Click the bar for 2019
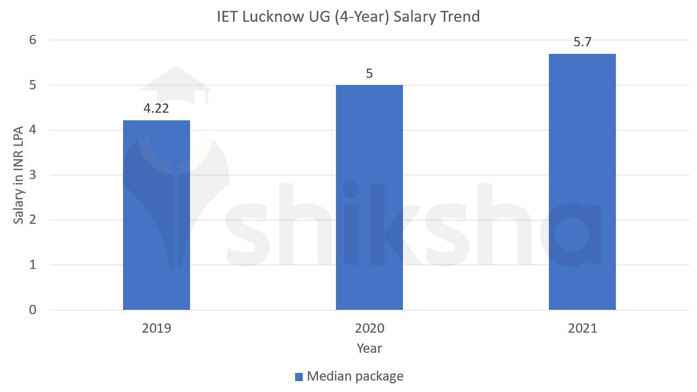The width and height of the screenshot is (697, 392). tap(156, 215)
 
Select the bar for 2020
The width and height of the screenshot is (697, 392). tap(369, 197)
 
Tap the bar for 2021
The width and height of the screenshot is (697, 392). tap(582, 182)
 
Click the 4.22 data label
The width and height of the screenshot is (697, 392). tap(156, 108)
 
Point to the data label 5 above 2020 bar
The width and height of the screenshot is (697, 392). tap(369, 73)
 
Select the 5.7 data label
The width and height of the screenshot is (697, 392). tap(582, 42)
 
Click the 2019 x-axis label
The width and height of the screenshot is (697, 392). tap(156, 328)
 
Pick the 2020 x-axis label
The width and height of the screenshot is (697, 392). tap(369, 328)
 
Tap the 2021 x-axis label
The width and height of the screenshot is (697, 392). tap(582, 328)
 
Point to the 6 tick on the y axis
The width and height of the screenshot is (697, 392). tap(33, 40)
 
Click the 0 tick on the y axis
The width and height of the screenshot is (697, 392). tap(33, 310)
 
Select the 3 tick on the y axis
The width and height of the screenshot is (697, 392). tap(33, 175)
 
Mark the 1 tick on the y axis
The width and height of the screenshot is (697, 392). tap(33, 265)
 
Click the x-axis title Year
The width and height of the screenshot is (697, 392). tap(369, 348)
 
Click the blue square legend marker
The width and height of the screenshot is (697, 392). tap(298, 377)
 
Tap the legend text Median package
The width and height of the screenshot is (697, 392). tap(355, 376)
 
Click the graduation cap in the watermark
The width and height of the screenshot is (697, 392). tap(175, 84)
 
